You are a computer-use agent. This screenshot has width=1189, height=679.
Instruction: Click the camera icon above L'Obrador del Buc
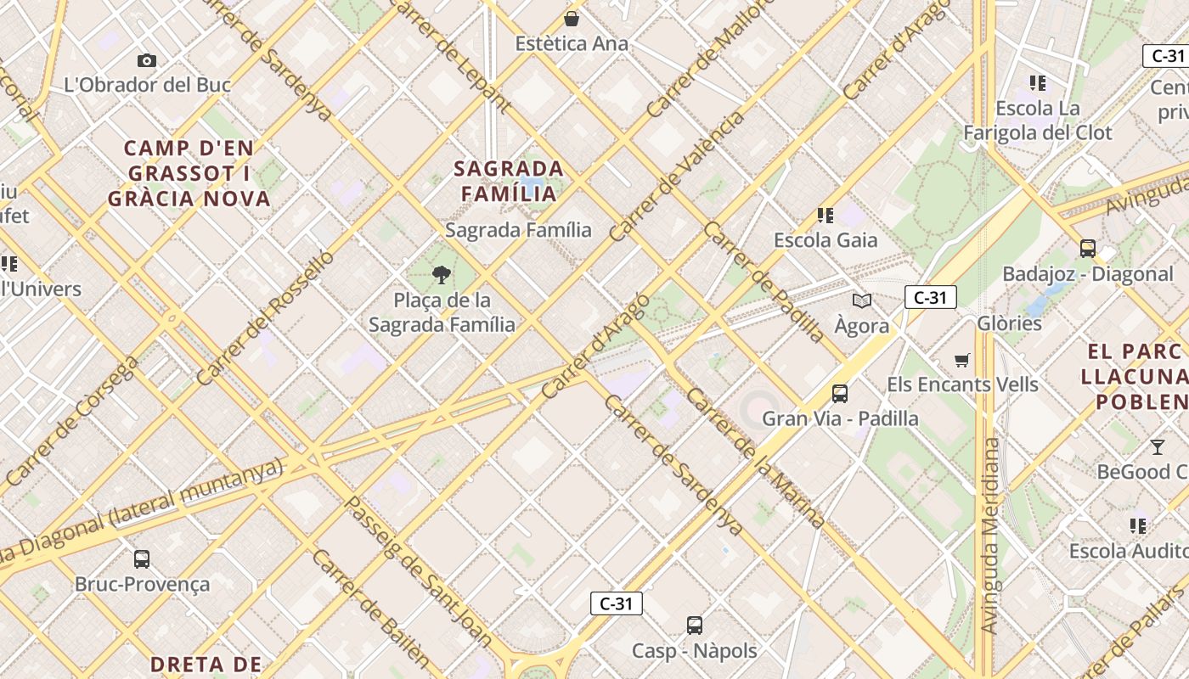coord(146,60)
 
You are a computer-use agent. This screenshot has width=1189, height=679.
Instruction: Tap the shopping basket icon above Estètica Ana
coord(572,18)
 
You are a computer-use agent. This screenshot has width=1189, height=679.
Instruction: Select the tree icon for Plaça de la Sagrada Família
coord(441,274)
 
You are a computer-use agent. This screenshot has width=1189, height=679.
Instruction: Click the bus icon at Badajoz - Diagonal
coord(1087,249)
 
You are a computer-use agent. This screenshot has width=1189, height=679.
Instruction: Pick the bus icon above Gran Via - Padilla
coord(839,394)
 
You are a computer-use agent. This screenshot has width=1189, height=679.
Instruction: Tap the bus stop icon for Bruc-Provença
coord(142,559)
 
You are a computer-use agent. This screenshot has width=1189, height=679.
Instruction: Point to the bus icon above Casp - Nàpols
coord(694,626)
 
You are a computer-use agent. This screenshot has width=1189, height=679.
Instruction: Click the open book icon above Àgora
coord(861,300)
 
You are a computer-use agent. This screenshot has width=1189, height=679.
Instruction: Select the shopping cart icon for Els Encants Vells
coord(961,360)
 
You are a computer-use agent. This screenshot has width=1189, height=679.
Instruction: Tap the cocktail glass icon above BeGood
coord(1157,446)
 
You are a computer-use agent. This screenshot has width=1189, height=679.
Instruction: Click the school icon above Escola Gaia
coord(825,215)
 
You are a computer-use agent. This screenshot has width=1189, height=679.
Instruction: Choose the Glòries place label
coord(1009,323)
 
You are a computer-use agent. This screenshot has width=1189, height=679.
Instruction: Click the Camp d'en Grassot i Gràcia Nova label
coord(189,173)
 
